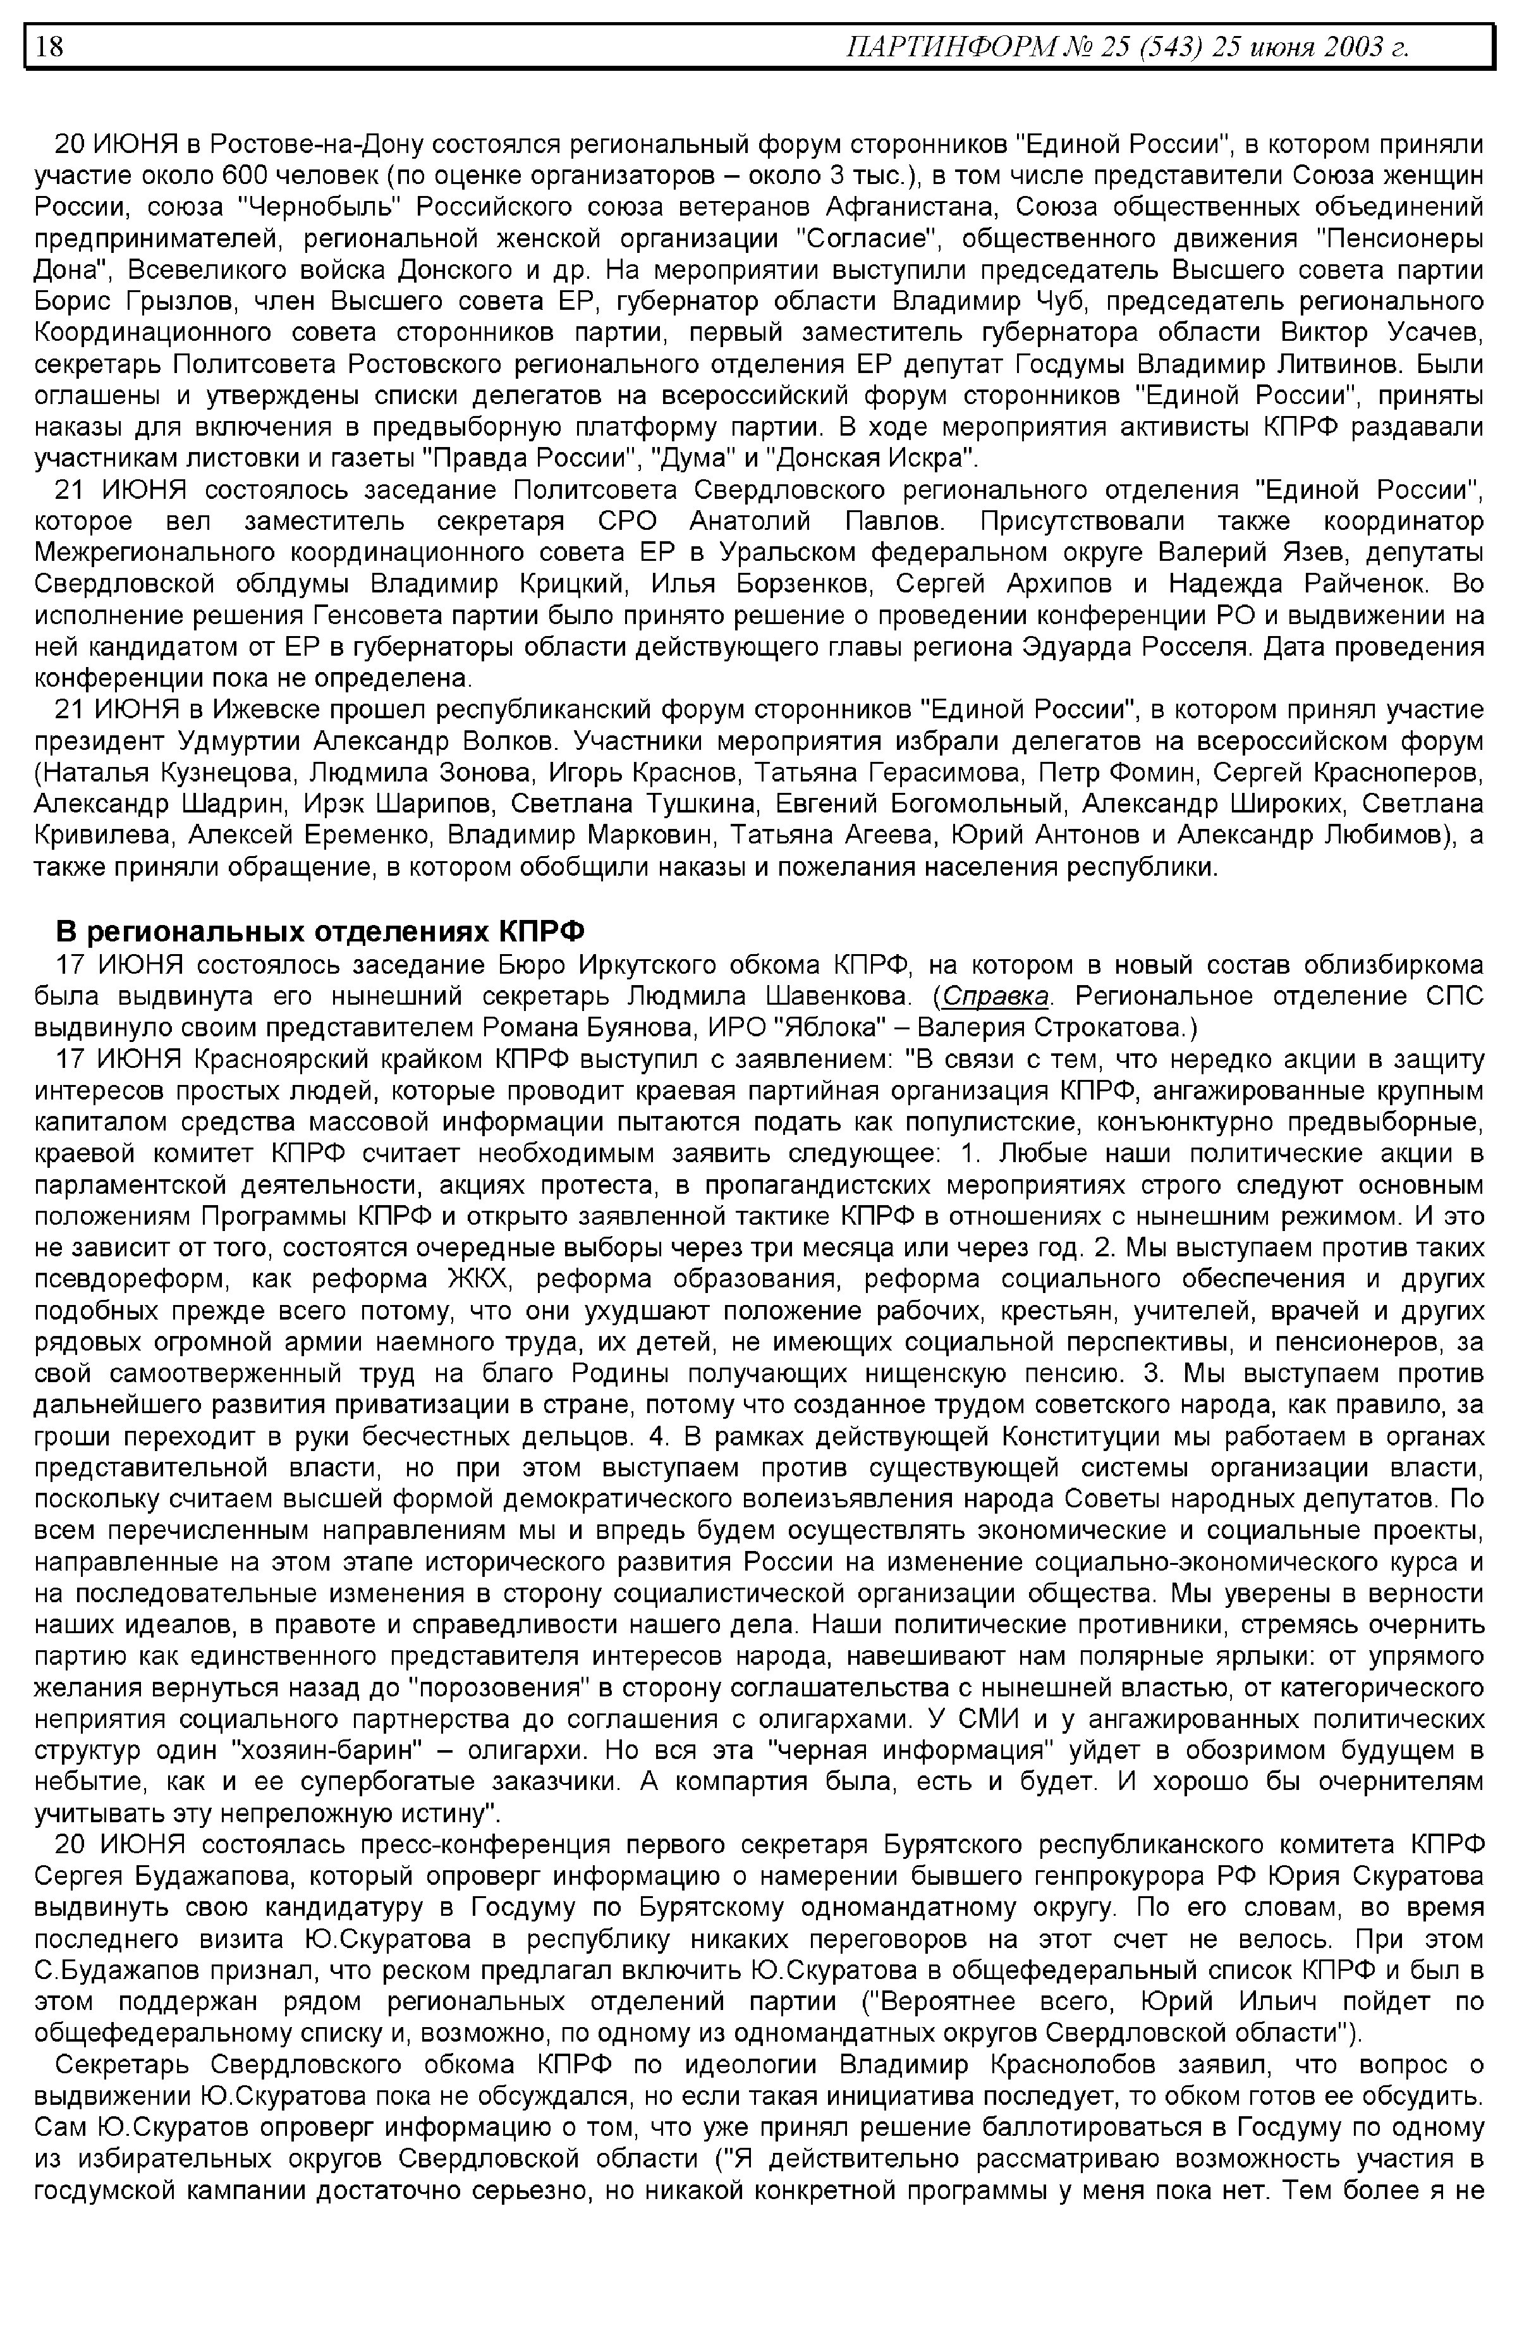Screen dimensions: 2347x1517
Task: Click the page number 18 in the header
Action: (x=50, y=46)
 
